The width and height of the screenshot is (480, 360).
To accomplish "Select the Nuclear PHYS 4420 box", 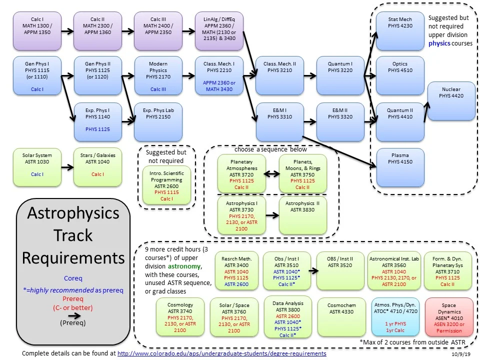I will (x=451, y=101).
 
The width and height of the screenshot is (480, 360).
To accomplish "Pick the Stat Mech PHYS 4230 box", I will (x=400, y=31).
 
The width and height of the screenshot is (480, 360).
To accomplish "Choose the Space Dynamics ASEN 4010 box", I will (x=448, y=316).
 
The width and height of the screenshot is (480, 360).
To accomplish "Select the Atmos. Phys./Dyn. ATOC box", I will (x=395, y=316).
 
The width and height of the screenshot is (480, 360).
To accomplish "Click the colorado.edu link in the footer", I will (x=221, y=353).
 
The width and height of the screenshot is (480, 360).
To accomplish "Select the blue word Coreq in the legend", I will (x=73, y=278).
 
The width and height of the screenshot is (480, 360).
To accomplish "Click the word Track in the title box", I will (x=73, y=235).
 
